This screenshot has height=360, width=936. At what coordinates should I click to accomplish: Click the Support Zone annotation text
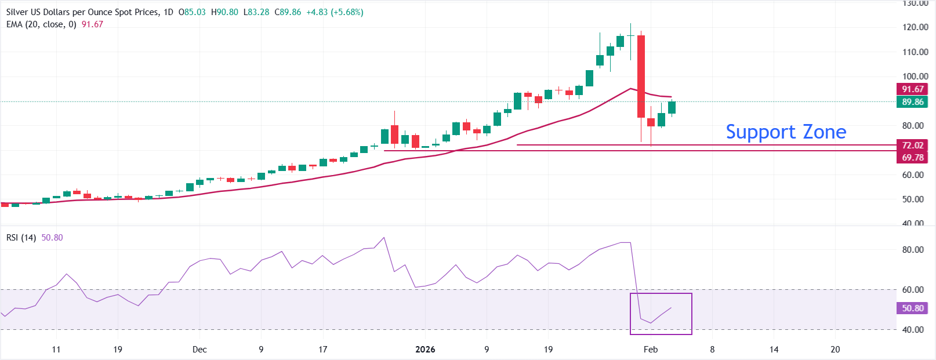786,132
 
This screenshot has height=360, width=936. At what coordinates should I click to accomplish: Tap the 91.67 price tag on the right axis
912,89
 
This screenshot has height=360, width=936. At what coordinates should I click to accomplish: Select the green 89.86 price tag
912,102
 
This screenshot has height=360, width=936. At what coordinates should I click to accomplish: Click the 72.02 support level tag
912,146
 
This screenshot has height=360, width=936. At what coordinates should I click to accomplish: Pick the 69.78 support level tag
912,158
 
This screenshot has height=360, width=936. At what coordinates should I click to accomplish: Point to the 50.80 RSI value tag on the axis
912,308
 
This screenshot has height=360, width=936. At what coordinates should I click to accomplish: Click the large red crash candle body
641,75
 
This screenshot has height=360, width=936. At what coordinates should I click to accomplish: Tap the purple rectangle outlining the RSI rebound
661,294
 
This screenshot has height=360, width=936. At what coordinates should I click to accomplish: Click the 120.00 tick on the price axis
915,27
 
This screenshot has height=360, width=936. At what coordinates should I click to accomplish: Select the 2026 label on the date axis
425,350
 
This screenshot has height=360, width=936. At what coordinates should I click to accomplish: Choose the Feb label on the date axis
651,350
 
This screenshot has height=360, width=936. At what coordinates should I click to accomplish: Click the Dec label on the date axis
199,350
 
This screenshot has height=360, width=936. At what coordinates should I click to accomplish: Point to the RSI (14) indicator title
21,238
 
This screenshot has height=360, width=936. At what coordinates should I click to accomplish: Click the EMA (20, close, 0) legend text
41,24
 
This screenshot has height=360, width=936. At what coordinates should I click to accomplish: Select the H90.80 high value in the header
224,12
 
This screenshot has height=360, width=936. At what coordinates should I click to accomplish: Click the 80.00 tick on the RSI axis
913,250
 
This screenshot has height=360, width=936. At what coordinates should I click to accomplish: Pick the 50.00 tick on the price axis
915,199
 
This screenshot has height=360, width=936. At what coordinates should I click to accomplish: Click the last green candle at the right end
672,107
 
